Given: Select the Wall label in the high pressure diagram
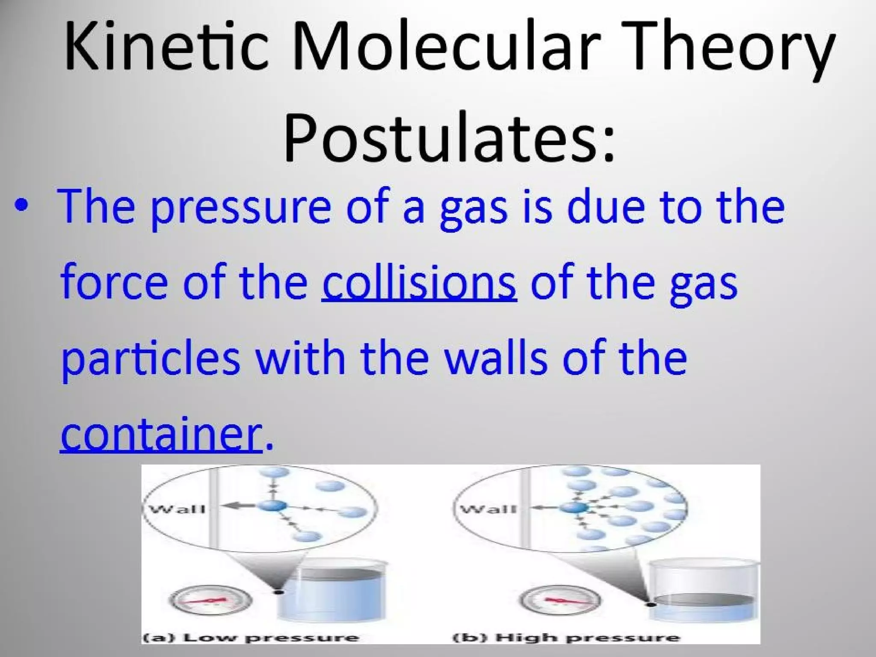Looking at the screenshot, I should [x=488, y=509].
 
